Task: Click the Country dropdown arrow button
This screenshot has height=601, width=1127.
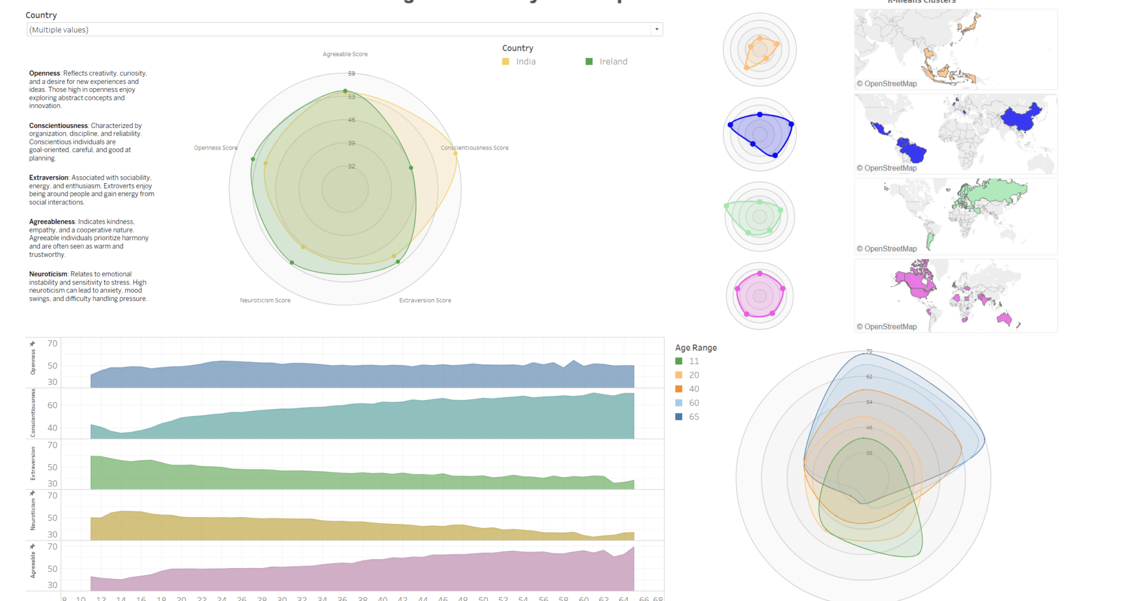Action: click(657, 29)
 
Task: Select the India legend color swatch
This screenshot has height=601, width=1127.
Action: click(505, 62)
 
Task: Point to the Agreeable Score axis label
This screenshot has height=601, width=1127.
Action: click(345, 54)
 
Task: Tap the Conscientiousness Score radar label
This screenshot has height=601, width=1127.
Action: click(474, 148)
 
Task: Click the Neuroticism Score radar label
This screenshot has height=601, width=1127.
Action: click(265, 300)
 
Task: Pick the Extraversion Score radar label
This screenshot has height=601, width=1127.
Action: click(425, 300)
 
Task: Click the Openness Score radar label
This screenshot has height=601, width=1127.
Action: click(215, 148)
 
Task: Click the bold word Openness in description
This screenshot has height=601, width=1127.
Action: click(45, 73)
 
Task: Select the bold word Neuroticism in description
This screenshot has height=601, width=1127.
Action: click(48, 274)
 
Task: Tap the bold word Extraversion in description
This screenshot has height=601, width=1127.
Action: click(49, 178)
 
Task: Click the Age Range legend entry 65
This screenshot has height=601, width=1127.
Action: click(694, 417)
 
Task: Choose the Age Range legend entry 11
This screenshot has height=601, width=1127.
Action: click(694, 361)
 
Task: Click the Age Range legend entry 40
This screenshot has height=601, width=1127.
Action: click(694, 389)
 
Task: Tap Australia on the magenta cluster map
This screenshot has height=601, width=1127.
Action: click(1004, 319)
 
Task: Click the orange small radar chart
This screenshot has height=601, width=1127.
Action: click(760, 50)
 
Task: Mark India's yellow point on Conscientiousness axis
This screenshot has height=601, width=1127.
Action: click(455, 153)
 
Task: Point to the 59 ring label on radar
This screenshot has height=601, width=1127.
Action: click(352, 74)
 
